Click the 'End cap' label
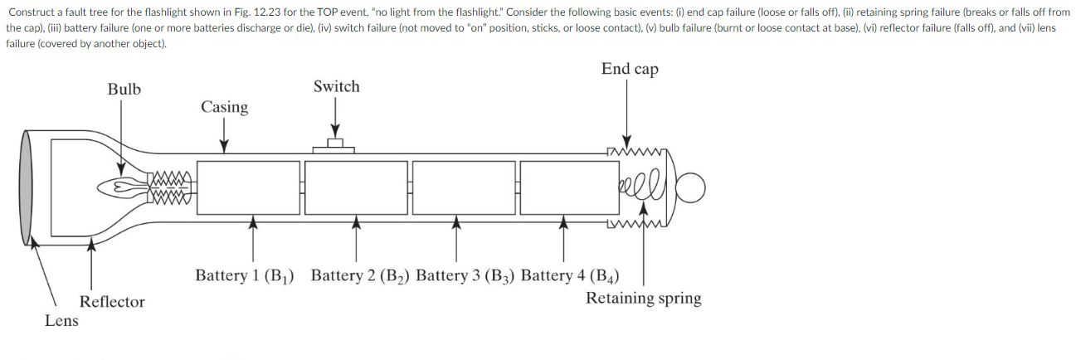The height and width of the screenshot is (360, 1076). (630, 69)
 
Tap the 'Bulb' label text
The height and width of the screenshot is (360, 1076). (124, 89)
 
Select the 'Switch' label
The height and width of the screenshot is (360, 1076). (336, 86)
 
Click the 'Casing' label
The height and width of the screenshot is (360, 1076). (224, 107)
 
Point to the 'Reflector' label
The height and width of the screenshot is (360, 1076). (112, 302)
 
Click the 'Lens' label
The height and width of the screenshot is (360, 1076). (61, 321)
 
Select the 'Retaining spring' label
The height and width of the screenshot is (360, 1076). (643, 299)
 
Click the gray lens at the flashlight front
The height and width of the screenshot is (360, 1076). (27, 187)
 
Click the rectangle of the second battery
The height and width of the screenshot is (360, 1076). (357, 187)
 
